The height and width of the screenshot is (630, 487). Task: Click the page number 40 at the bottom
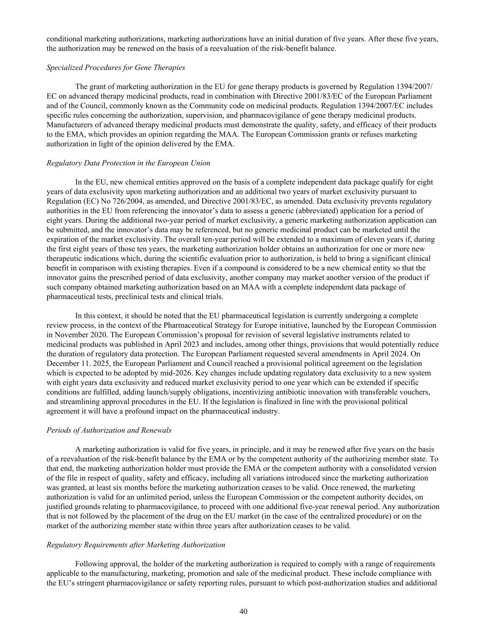[x=243, y=612]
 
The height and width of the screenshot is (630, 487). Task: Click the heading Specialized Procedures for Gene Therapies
[x=116, y=67]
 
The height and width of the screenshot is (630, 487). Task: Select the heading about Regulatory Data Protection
[x=128, y=163]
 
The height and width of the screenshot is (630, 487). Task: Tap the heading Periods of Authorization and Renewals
[x=109, y=430]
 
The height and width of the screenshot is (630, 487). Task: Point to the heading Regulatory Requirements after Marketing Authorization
[x=136, y=545]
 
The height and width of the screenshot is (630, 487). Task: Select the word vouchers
[x=415, y=392]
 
